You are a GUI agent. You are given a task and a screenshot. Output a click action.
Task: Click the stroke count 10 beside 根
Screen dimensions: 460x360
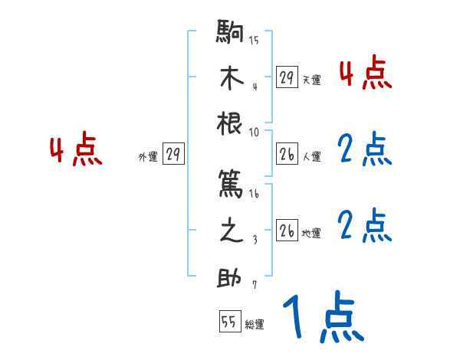point(255,132)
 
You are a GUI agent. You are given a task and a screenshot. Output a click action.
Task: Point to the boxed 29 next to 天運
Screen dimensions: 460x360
point(287,77)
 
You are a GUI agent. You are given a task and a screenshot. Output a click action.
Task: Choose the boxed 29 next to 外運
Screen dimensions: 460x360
point(173,155)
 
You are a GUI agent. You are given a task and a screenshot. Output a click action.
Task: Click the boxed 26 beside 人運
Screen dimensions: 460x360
point(287,155)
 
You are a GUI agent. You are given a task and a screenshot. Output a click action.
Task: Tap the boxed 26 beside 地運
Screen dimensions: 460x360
point(287,231)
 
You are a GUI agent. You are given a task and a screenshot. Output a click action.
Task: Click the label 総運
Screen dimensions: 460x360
point(255,325)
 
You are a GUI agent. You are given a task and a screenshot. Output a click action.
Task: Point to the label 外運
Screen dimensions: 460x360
point(148,157)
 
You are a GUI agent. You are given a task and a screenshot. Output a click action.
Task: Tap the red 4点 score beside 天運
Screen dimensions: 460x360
point(366,74)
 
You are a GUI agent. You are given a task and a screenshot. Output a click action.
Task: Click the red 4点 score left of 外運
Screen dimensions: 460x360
point(76,151)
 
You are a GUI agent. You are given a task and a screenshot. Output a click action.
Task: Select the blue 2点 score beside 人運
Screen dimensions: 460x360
point(365,151)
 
